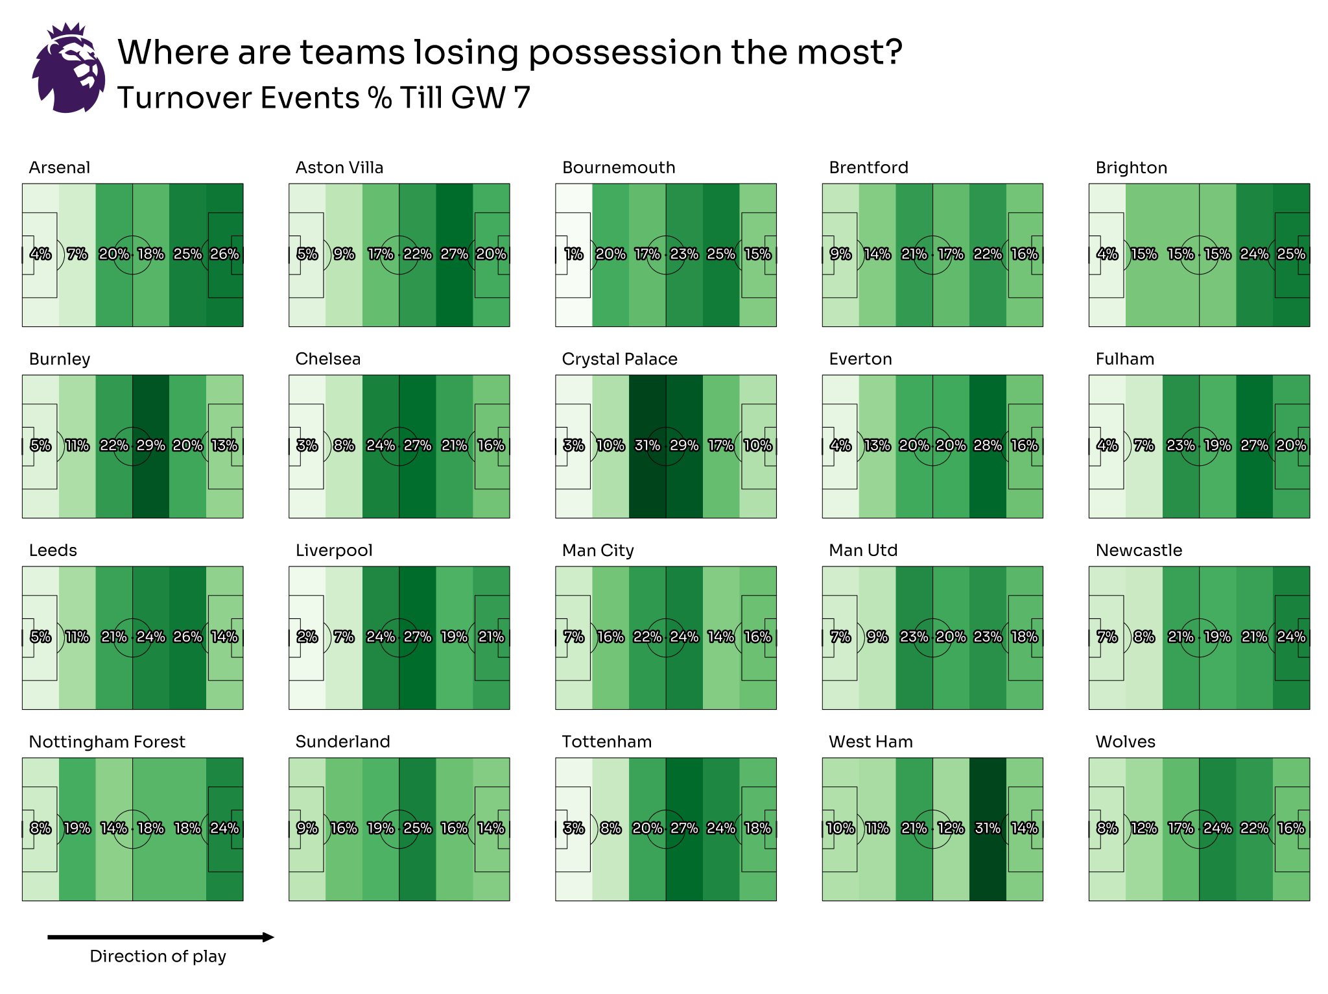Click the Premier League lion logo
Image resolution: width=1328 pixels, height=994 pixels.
pyautogui.click(x=68, y=68)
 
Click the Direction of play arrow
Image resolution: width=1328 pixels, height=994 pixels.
pyautogui.click(x=160, y=937)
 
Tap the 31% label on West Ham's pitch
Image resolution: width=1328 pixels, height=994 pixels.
pyautogui.click(x=988, y=828)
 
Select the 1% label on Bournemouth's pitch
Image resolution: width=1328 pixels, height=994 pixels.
pyautogui.click(x=573, y=254)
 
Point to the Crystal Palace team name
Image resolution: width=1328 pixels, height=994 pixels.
pyautogui.click(x=619, y=359)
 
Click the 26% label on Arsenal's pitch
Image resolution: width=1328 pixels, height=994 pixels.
pyautogui.click(x=224, y=254)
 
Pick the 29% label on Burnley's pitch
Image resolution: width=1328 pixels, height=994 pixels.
pyautogui.click(x=150, y=445)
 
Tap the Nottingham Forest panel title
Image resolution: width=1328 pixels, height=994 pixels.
pyautogui.click(x=107, y=742)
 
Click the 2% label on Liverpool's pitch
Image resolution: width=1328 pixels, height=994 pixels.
pyautogui.click(x=307, y=636)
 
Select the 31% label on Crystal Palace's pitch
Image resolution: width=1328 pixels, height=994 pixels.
pyautogui.click(x=647, y=445)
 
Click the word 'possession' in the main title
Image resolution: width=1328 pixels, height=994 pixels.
pyautogui.click(x=625, y=52)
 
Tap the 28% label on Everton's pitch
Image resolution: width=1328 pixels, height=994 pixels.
pyautogui.click(x=988, y=445)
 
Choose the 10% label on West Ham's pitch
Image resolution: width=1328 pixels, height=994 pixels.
pyautogui.click(x=840, y=828)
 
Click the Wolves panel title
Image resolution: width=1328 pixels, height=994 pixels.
pyautogui.click(x=1125, y=742)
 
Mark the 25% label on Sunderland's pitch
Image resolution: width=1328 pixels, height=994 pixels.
pyautogui.click(x=417, y=828)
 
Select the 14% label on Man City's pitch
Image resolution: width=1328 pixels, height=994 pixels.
pyautogui.click(x=721, y=636)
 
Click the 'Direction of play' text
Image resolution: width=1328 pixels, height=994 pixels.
pyautogui.click(x=158, y=956)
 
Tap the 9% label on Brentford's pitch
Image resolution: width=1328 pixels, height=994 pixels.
pyautogui.click(x=840, y=254)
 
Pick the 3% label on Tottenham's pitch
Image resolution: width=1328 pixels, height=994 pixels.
pyautogui.click(x=573, y=828)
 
